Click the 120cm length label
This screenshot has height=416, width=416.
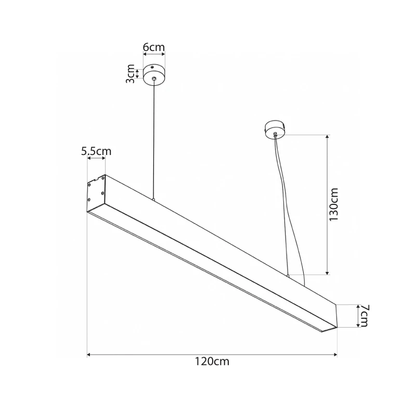(212, 361)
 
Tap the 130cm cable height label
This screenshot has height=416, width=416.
(333, 204)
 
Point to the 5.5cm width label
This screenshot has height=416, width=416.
(96, 151)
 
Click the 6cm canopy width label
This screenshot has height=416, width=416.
(154, 47)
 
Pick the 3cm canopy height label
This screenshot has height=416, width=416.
(131, 74)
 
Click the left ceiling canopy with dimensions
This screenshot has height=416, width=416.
(154, 75)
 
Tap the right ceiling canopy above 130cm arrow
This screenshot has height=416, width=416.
(275, 129)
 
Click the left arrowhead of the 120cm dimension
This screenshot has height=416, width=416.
(89, 355)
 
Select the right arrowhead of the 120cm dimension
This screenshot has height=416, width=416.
(335, 355)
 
